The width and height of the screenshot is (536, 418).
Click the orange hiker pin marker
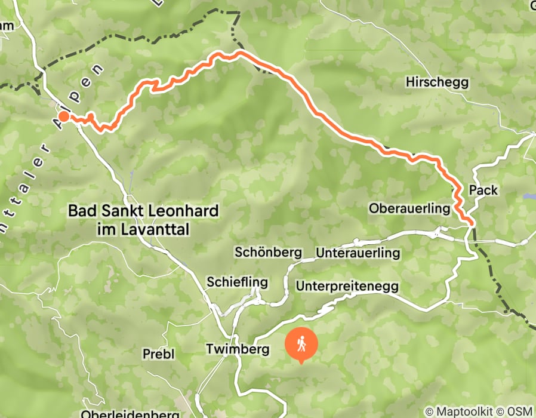(x=300, y=346)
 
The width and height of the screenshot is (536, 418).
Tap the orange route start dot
(x=63, y=116)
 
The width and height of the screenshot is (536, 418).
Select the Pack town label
(x=483, y=190)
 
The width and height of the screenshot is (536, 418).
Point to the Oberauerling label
(x=409, y=208)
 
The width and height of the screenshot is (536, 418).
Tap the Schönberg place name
(x=268, y=252)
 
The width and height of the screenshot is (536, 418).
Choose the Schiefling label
(x=236, y=281)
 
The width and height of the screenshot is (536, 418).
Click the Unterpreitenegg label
(x=347, y=286)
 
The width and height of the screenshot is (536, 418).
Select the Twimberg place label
(x=238, y=349)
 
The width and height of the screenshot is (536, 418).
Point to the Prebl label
(x=158, y=354)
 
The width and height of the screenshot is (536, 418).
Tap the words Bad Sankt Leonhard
(x=143, y=211)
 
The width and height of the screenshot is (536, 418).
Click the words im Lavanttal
(x=143, y=228)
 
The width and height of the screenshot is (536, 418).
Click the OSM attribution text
(x=520, y=412)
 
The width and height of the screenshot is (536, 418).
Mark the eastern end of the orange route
(x=472, y=222)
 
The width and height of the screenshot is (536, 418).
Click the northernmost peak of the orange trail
(x=240, y=53)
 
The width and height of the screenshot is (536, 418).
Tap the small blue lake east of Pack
(x=528, y=195)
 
